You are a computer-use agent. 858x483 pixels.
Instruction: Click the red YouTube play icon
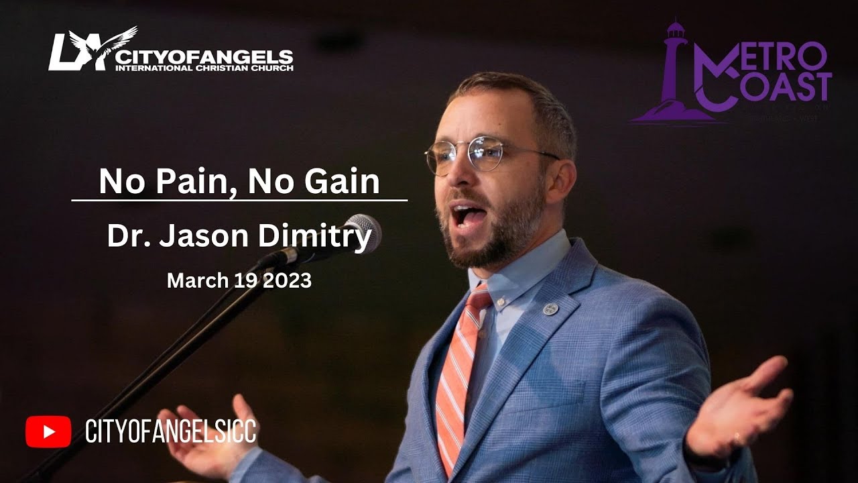[x=48, y=431]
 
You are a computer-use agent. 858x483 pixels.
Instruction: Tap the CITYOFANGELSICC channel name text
[x=170, y=431]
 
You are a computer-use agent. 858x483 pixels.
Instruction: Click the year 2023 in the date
[x=288, y=280]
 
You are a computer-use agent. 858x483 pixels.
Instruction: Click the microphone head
[x=363, y=232]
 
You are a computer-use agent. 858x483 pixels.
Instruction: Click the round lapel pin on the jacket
[x=550, y=309]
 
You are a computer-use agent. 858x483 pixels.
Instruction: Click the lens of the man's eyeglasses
[x=487, y=153]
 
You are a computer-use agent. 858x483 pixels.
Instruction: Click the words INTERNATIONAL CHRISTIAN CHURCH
[x=204, y=68]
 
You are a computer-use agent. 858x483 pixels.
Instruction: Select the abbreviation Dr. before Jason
[x=123, y=237]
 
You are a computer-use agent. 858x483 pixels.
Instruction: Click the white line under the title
[x=239, y=200]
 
